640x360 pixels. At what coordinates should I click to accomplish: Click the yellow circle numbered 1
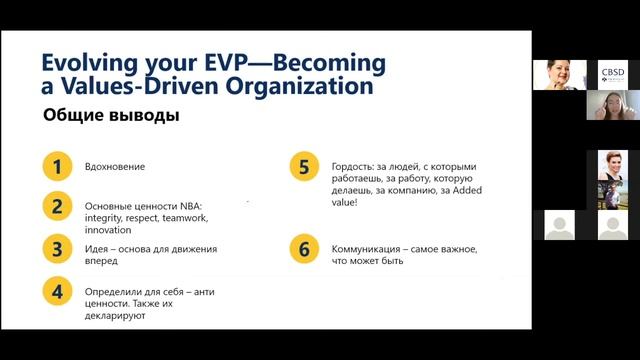57,166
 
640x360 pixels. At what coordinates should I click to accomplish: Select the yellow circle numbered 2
57,207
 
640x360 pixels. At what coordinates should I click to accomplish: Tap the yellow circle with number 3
57,248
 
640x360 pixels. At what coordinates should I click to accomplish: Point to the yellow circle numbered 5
303,166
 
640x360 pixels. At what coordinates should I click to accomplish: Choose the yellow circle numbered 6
303,248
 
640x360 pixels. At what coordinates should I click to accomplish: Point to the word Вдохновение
115,166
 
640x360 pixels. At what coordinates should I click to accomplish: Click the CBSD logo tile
612,74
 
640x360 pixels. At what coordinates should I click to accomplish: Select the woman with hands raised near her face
612,105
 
